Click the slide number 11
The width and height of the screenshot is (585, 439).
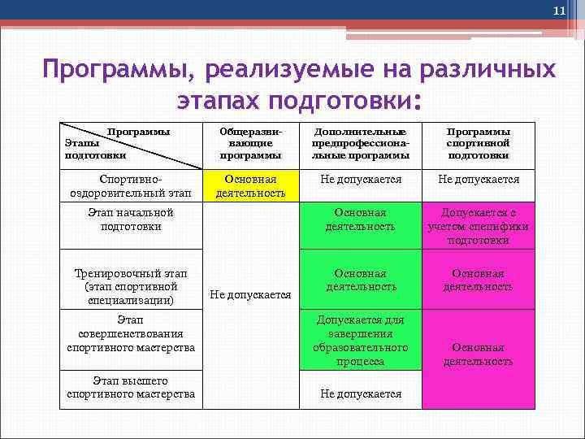pos(558,11)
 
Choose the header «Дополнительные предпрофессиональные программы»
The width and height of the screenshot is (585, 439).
pos(360,143)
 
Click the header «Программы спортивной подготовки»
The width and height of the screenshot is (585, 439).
pos(478,143)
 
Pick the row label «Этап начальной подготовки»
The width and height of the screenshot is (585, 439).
pos(130,219)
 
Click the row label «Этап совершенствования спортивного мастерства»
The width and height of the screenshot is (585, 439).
pos(131,334)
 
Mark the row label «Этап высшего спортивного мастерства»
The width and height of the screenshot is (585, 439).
pos(131,388)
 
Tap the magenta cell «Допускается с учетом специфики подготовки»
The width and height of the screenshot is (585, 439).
pos(478,226)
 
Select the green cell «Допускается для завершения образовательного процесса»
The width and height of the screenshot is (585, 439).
pos(361,341)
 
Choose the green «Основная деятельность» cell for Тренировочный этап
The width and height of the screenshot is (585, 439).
pos(361,280)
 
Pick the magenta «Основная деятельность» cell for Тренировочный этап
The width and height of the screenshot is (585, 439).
pos(478,280)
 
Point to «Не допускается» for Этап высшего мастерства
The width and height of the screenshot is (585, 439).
pos(361,393)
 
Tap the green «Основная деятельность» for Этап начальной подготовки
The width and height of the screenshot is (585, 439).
pos(361,219)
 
